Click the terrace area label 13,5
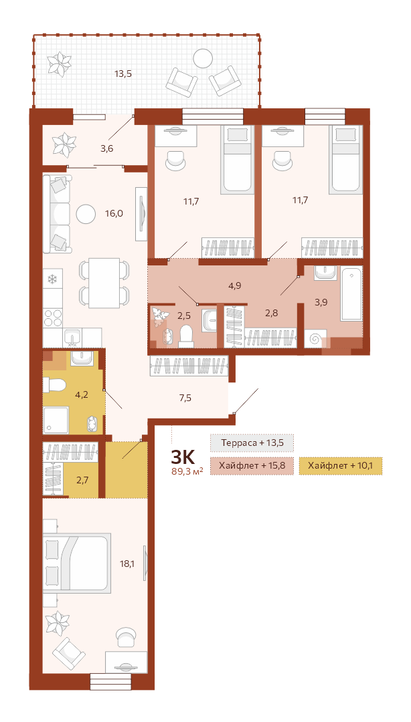(123, 73)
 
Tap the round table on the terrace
(203, 58)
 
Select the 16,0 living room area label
(114, 213)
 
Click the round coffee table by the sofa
(86, 214)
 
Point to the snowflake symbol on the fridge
(53, 279)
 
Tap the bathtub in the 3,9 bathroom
(351, 293)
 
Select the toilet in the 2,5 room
(187, 336)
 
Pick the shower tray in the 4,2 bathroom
(56, 420)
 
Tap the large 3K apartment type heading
(183, 457)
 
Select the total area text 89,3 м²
(187, 471)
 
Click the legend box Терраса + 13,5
(252, 443)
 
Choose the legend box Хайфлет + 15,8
(252, 466)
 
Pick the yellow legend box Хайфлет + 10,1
(341, 466)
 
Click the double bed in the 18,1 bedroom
(77, 563)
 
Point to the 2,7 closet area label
(82, 480)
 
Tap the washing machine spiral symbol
(315, 340)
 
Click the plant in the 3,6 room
(64, 144)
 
